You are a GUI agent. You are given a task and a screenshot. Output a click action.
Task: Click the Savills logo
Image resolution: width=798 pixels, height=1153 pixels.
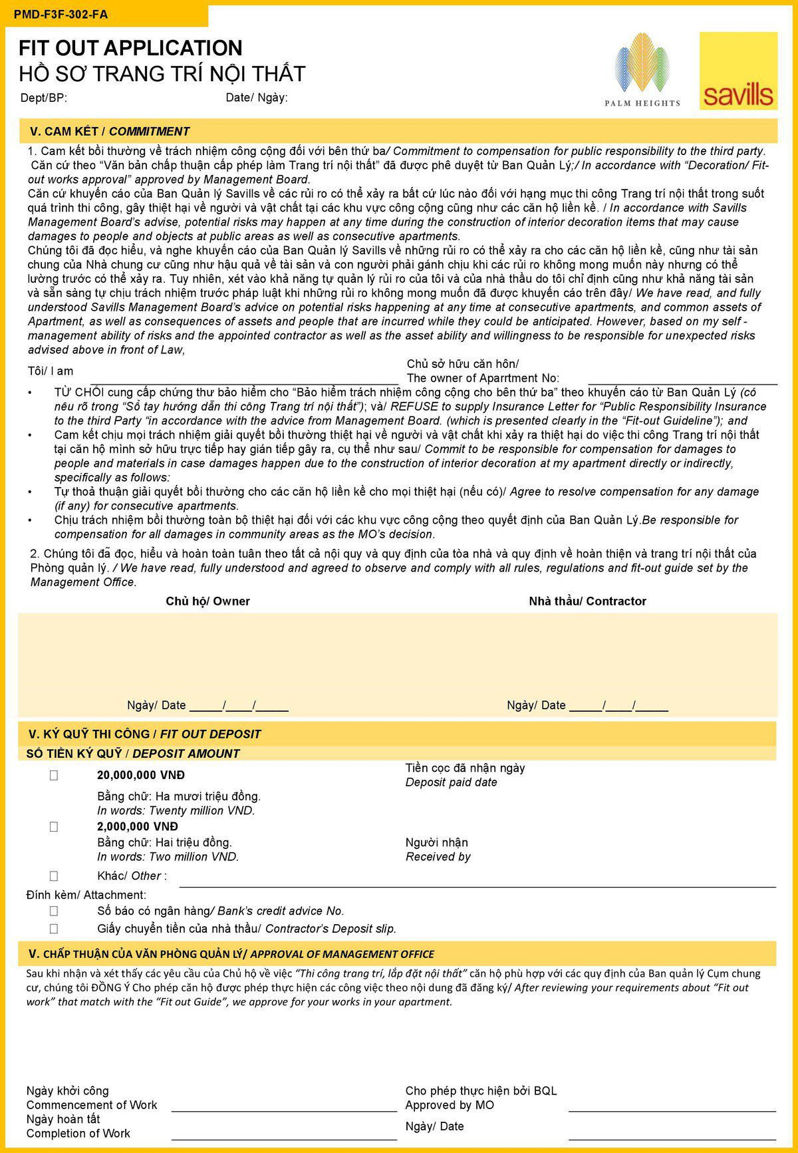[x=738, y=71]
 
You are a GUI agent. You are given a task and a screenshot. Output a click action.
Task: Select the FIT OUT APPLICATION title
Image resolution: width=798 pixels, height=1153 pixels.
[x=130, y=48]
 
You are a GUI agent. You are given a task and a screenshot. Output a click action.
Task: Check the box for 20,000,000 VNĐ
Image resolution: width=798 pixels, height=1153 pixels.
[x=54, y=775]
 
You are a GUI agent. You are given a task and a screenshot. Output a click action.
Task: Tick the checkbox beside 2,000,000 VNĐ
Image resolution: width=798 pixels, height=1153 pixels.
[x=54, y=826]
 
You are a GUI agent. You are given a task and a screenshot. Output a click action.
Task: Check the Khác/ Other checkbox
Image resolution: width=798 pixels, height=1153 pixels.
[x=54, y=876]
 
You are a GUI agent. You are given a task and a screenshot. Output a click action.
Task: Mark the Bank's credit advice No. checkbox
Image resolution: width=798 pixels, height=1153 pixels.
[x=54, y=911]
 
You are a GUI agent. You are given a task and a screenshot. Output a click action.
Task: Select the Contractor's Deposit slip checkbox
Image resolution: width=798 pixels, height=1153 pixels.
[x=54, y=928]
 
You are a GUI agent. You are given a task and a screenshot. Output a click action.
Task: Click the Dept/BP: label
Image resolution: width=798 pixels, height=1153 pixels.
[x=44, y=98]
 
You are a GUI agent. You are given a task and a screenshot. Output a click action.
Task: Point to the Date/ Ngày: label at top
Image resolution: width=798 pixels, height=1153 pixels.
[x=257, y=98]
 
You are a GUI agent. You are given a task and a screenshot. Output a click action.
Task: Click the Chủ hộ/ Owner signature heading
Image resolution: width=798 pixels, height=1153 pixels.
[x=207, y=601]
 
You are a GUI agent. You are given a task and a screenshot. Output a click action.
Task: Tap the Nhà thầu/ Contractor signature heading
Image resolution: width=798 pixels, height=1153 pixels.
[x=587, y=601]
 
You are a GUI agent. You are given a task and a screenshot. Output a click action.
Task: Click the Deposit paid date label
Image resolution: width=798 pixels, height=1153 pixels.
[x=452, y=782]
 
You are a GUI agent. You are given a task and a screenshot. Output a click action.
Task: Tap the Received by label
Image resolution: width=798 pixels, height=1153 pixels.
[x=438, y=857]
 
